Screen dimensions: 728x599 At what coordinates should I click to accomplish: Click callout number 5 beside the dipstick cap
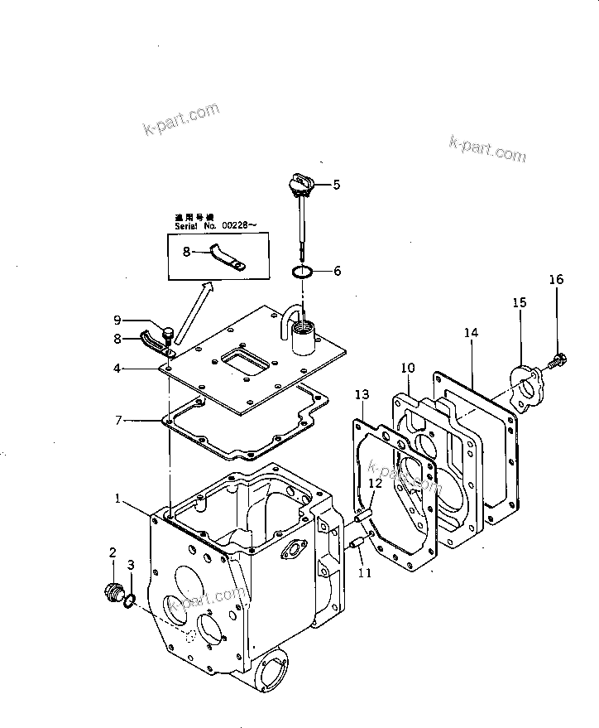point(336,185)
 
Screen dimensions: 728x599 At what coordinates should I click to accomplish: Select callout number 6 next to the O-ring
point(336,271)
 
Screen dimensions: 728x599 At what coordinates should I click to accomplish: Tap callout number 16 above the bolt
point(556,280)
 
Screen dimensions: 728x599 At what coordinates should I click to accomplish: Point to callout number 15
point(519,303)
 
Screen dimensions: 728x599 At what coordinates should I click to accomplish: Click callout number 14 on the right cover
point(472,333)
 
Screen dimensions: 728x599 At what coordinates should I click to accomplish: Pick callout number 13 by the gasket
point(362,393)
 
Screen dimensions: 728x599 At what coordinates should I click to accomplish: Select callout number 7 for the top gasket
point(118,421)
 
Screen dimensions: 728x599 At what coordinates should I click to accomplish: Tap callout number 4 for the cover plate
point(118,369)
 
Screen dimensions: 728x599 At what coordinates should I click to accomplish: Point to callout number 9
point(117,320)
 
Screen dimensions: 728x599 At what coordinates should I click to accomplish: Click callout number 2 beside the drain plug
point(113,552)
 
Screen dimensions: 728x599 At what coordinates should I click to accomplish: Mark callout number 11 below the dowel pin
point(365,571)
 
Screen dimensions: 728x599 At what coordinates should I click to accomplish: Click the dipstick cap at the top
point(300,181)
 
